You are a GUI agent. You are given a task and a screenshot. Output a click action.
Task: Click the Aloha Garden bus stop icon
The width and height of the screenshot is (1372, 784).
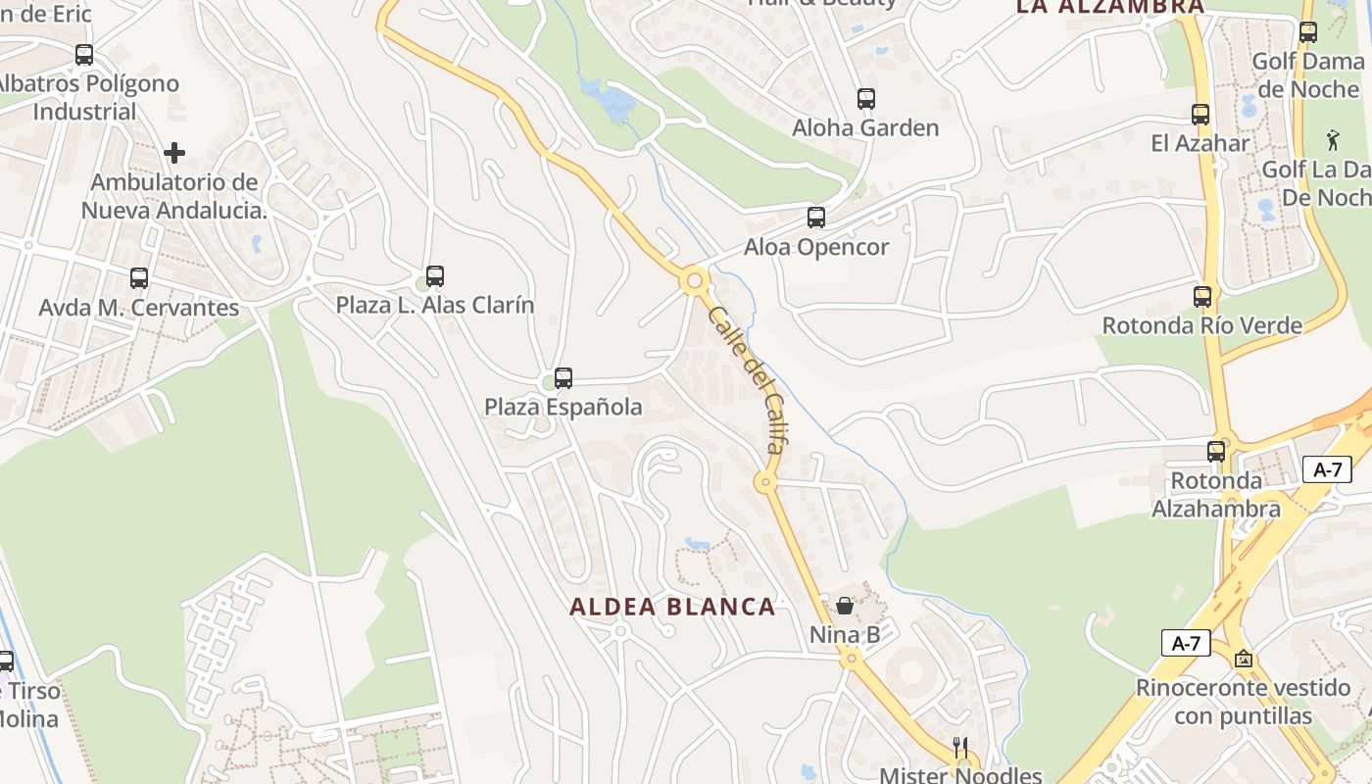pyautogui.click(x=865, y=99)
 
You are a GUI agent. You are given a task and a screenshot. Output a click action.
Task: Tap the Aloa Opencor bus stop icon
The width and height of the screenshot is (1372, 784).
pyautogui.click(x=815, y=218)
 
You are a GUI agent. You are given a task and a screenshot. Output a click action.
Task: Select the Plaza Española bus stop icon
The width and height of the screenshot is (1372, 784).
pyautogui.click(x=563, y=378)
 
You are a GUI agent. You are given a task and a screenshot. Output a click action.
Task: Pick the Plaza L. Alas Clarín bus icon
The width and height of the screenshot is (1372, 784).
pyautogui.click(x=434, y=276)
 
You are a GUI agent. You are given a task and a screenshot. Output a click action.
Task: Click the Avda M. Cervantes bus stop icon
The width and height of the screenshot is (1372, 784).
pyautogui.click(x=138, y=278)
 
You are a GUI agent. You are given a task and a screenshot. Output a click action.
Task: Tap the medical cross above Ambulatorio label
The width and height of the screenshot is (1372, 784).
pyautogui.click(x=174, y=153)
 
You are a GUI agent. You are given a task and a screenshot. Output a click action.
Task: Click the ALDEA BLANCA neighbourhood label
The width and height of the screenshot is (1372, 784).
pyautogui.click(x=672, y=607)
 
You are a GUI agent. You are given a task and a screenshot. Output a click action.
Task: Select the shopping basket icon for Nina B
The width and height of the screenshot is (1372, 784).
pyautogui.click(x=845, y=606)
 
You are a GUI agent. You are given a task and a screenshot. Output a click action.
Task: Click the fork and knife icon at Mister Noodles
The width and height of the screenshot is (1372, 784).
pyautogui.click(x=960, y=746)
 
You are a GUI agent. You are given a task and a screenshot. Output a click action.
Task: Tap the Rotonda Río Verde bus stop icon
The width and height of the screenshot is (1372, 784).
pyautogui.click(x=1201, y=297)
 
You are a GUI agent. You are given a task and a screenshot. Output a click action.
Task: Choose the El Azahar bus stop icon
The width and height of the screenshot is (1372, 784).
pyautogui.click(x=1200, y=115)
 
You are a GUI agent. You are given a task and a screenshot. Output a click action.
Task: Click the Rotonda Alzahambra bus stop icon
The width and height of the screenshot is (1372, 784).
pyautogui.click(x=1215, y=452)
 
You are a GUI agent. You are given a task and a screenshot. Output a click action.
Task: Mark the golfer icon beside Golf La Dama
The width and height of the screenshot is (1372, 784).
pyautogui.click(x=1332, y=139)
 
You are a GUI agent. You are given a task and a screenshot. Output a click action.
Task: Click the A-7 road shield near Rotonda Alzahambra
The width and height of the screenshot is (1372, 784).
pyautogui.click(x=1327, y=469)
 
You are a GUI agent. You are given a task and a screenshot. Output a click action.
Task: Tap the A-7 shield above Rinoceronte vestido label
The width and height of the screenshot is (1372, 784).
pyautogui.click(x=1186, y=643)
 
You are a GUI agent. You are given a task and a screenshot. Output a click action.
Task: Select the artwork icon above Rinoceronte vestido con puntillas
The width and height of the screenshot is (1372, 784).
pyautogui.click(x=1244, y=659)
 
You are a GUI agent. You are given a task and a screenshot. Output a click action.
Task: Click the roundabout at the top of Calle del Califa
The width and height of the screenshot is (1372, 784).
pyautogui.click(x=695, y=281)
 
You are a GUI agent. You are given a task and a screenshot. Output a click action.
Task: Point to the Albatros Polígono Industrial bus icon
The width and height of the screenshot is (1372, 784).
pyautogui.click(x=84, y=55)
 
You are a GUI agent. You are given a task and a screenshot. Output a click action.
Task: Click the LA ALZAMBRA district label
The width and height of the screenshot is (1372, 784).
pyautogui.click(x=1109, y=7)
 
